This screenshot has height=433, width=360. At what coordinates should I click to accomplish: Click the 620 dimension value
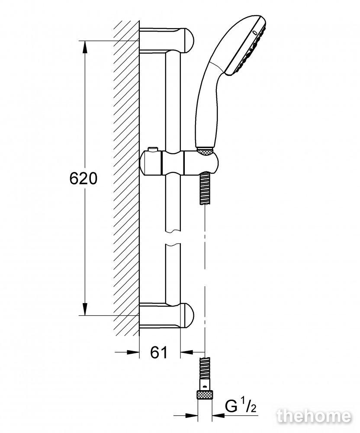[84, 178]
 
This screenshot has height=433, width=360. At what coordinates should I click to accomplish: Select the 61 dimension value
[159, 352]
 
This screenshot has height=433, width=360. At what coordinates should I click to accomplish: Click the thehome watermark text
[314, 416]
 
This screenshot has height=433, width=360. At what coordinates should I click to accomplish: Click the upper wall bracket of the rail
[167, 40]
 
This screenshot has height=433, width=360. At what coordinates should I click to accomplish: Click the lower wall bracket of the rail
[167, 315]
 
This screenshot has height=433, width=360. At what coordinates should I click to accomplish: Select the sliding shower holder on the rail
[179, 163]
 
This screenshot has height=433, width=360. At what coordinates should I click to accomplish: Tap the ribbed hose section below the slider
[205, 188]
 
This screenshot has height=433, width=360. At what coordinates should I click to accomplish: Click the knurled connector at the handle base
[205, 151]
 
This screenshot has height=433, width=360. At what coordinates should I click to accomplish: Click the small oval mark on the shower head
[255, 33]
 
